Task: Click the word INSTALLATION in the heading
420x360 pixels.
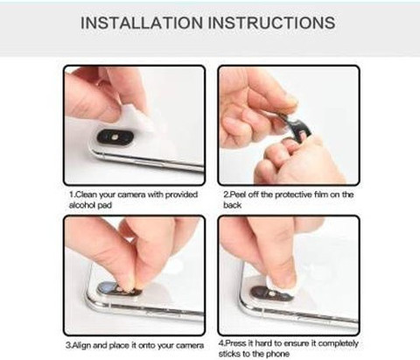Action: [x=142, y=23]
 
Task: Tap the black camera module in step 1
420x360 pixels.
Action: [x=115, y=137]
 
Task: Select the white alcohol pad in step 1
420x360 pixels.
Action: [x=138, y=119]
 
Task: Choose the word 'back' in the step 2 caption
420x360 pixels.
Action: [x=233, y=205]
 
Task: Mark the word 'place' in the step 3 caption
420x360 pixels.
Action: [x=119, y=346]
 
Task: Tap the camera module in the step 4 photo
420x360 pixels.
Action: [x=272, y=293]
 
